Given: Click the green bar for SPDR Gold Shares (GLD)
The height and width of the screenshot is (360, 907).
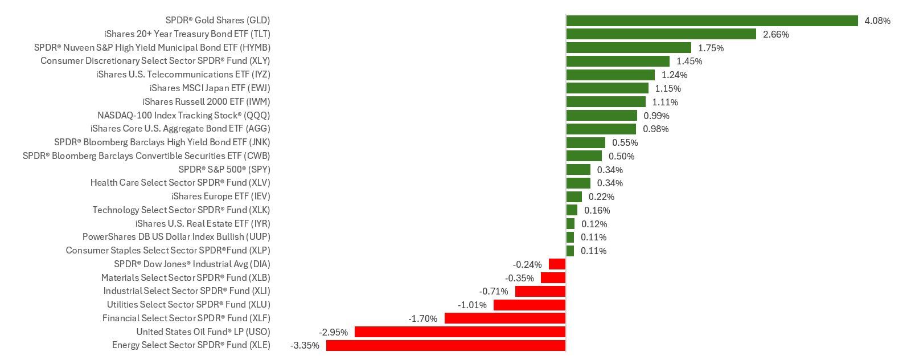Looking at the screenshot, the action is tap(712, 21).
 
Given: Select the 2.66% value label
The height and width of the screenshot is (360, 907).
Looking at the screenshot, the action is tap(776, 34).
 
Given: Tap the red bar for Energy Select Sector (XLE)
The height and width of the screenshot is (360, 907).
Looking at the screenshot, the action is tap(446, 345).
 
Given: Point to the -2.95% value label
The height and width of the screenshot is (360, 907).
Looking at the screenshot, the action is tap(333, 333).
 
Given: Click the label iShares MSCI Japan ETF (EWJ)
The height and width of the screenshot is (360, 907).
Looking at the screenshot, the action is tap(210, 88).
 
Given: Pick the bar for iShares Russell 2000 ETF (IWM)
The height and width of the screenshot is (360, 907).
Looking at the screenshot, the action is tap(606, 101).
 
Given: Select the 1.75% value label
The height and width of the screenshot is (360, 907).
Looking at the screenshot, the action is tap(711, 48).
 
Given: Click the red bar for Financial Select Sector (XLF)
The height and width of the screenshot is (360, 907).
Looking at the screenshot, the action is tap(505, 318).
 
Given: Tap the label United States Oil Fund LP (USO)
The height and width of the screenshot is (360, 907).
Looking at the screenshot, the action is tap(203, 332).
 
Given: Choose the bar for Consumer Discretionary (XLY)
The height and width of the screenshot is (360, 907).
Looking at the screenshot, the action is tap(618, 61).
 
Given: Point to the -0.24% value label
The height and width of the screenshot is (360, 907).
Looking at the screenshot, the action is tap(527, 265).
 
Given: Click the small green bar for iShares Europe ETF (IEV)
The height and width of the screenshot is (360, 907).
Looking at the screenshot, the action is tap(574, 197).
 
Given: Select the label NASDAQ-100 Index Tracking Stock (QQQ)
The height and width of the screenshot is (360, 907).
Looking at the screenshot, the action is tap(183, 116).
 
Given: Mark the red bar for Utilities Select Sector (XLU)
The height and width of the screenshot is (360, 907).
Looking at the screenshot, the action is tap(529, 305).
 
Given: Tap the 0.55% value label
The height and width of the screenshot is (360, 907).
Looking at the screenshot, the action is tap(625, 142).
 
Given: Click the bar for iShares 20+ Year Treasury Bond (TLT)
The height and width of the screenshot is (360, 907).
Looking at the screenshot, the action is tap(661, 34).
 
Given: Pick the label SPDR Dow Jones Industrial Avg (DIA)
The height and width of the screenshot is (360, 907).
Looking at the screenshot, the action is tap(192, 264).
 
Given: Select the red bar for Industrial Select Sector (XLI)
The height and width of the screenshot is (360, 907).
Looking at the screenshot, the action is tap(540, 291).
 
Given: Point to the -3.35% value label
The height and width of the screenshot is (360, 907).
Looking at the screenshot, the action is tap(305, 346).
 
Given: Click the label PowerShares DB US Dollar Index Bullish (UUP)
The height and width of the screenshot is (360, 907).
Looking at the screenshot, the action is tap(176, 236).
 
